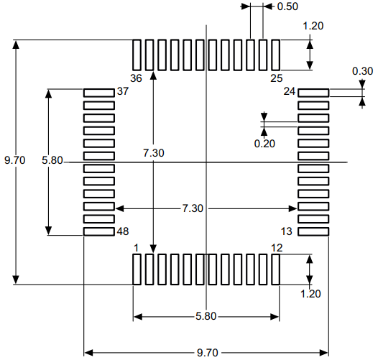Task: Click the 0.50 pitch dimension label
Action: (288, 6)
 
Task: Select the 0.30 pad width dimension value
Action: (362, 71)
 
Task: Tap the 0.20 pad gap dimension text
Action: (264, 143)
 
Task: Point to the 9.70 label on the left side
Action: (14, 160)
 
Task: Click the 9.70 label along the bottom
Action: (208, 353)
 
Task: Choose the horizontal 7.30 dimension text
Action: (193, 208)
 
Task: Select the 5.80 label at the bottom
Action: (206, 316)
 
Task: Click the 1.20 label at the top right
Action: (313, 27)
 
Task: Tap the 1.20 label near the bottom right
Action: (310, 293)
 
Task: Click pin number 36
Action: (137, 77)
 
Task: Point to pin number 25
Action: (276, 77)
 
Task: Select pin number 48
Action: (123, 232)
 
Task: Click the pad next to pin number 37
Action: (99, 93)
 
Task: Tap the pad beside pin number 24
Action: (313, 93)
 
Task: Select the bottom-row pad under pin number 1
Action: (137, 269)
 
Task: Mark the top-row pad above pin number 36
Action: (137, 55)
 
